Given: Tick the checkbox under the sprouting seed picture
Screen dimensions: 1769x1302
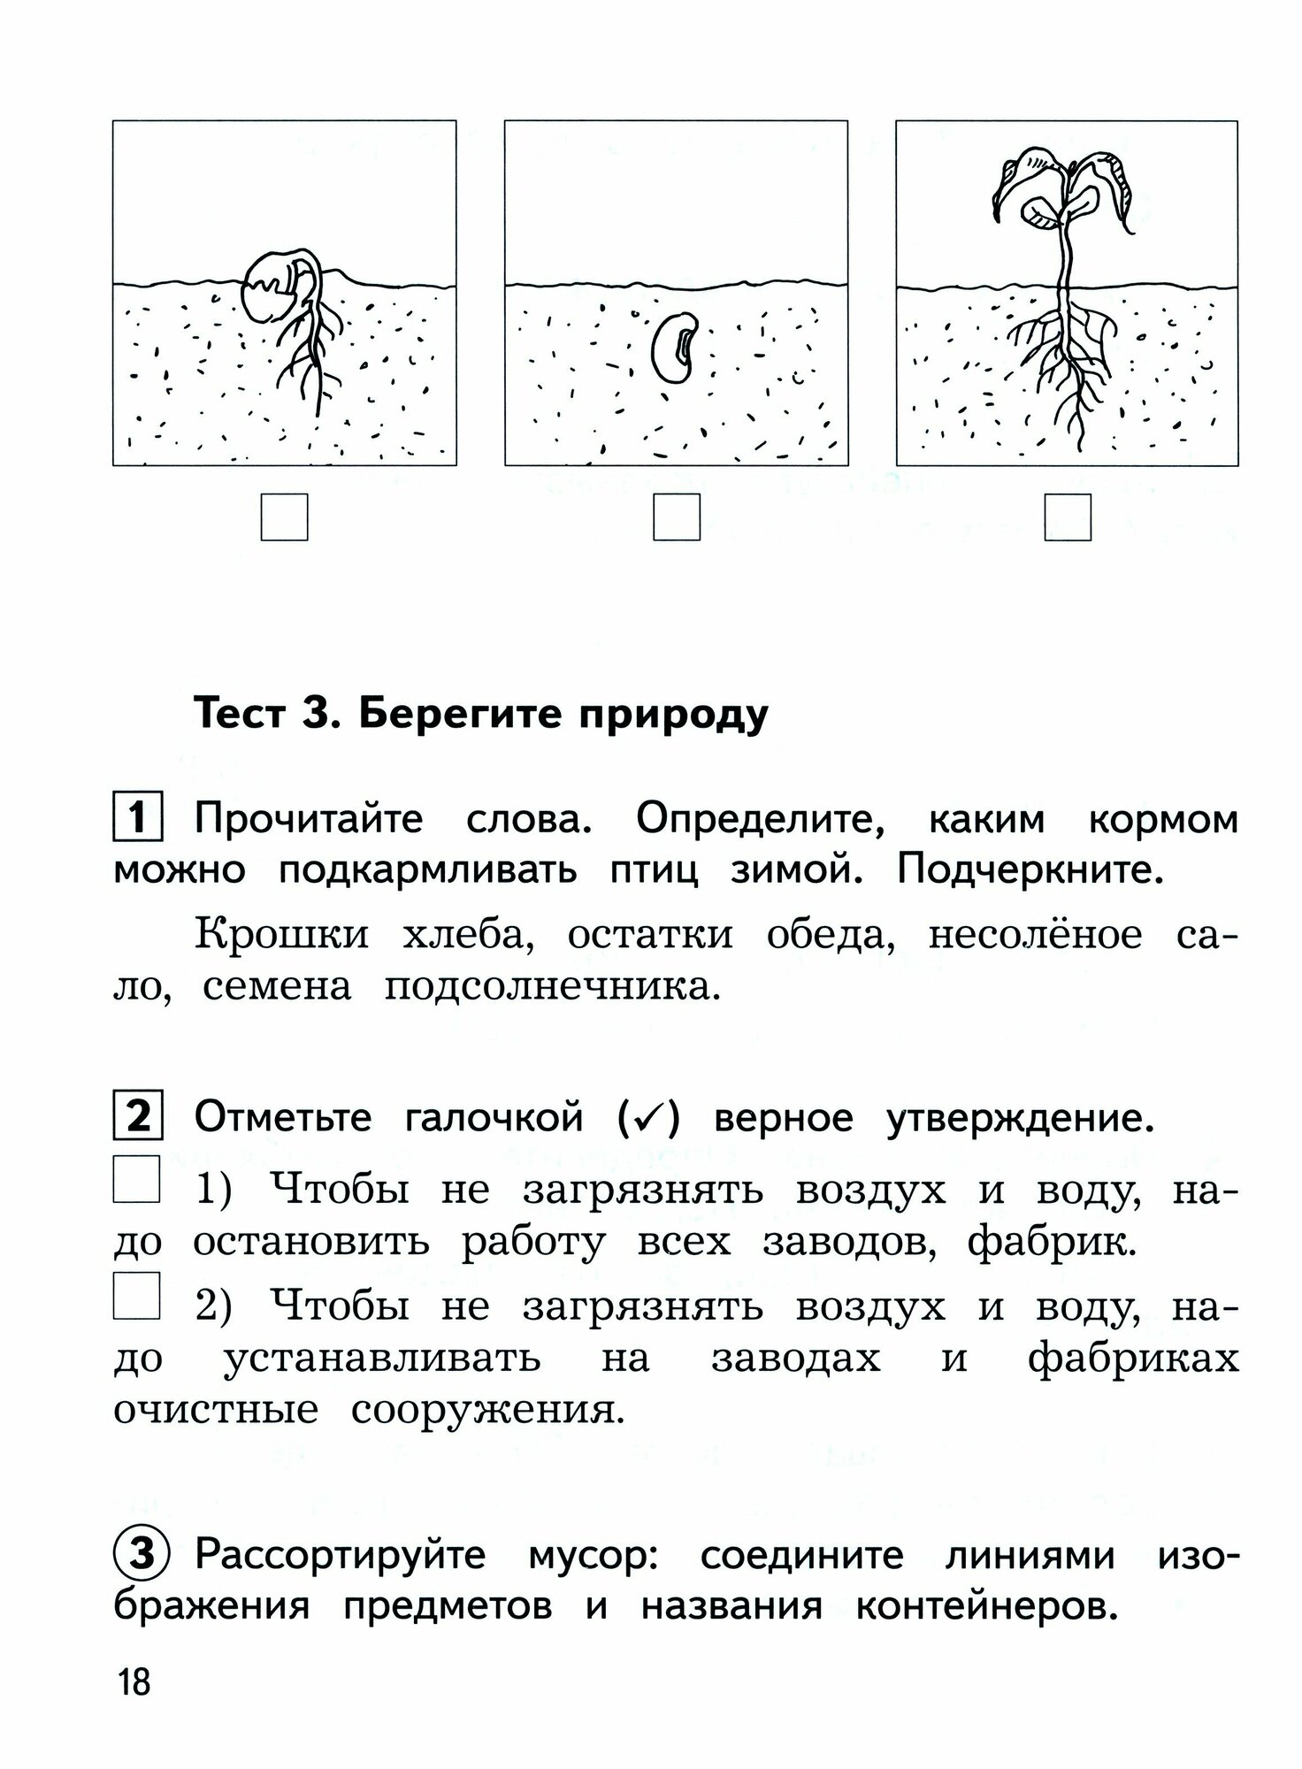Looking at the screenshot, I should tap(284, 517).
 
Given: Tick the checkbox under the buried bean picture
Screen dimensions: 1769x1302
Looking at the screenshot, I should tap(676, 517).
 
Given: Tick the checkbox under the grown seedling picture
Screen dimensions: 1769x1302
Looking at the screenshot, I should tap(1068, 517).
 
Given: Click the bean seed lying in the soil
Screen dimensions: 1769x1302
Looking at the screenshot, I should tap(677, 347).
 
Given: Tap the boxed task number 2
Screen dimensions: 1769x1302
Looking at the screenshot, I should tap(137, 1118).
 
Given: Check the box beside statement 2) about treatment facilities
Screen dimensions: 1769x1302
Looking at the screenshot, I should tap(136, 1296).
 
